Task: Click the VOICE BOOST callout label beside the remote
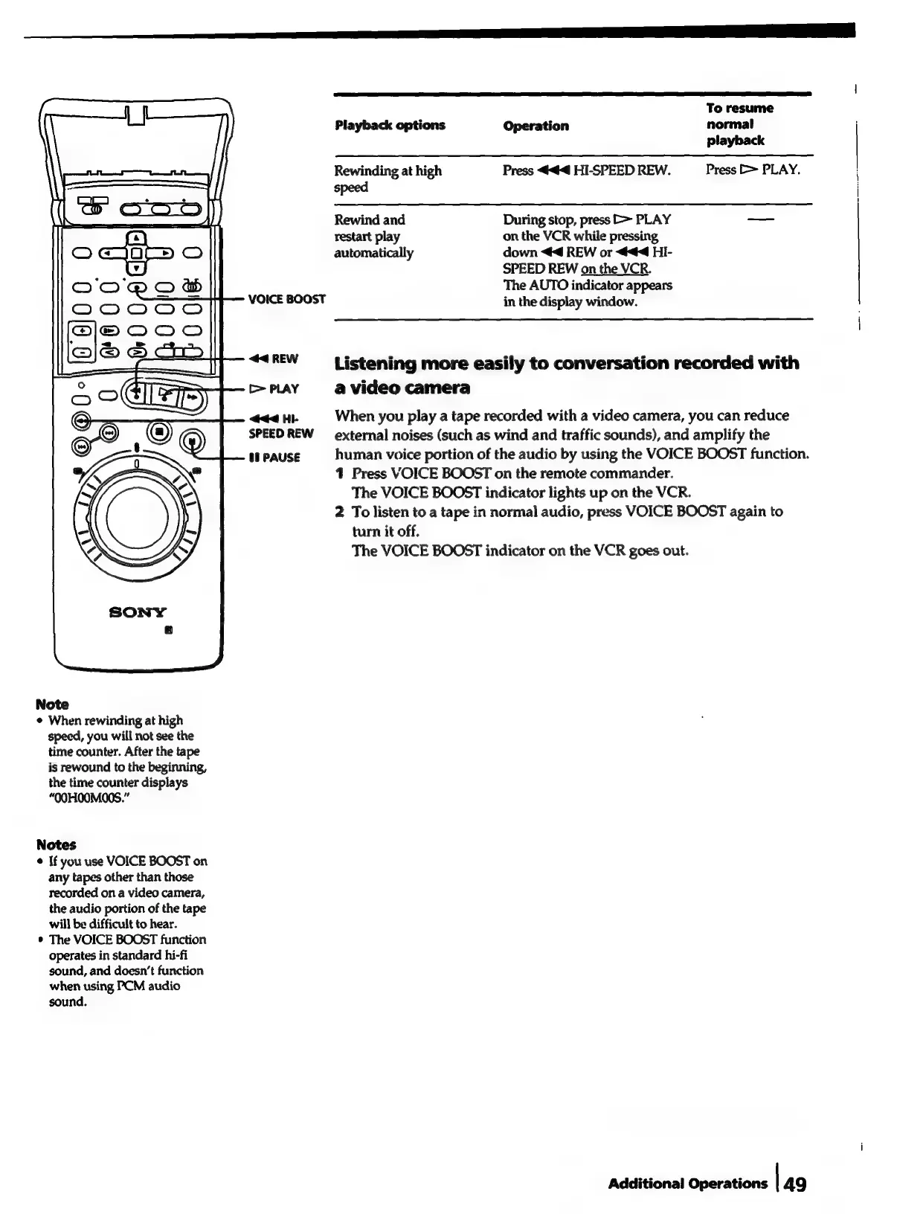pos(286,299)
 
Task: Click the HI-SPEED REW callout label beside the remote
pos(280,426)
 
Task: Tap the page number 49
pos(794,1184)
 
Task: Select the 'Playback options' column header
pos(390,125)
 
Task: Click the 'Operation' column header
pos(536,126)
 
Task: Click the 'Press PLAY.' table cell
pos(753,170)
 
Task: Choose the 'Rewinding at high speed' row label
pos(388,179)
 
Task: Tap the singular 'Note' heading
pos(52,704)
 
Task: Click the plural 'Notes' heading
pos(56,844)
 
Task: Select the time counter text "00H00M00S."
pos(86,798)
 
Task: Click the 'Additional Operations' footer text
pos(687,1184)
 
